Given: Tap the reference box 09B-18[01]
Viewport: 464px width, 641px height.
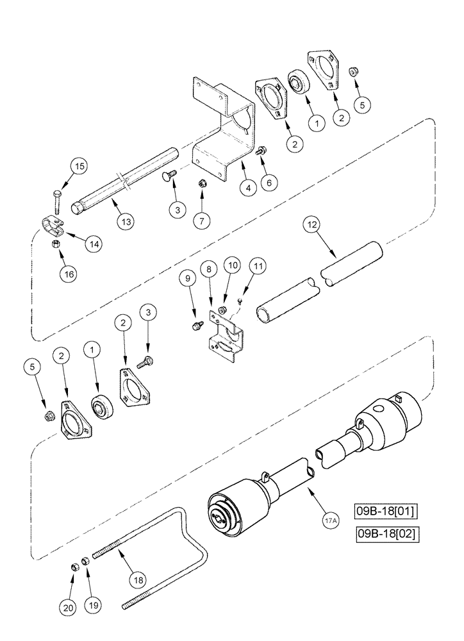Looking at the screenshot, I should [x=386, y=512].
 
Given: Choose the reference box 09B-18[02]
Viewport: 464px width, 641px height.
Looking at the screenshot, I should [x=386, y=533].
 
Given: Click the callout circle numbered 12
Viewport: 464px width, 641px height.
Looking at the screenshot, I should [x=311, y=226].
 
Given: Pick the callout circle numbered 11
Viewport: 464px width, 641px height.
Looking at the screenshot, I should [x=256, y=264].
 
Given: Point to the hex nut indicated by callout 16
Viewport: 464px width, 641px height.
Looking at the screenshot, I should [x=56, y=244].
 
